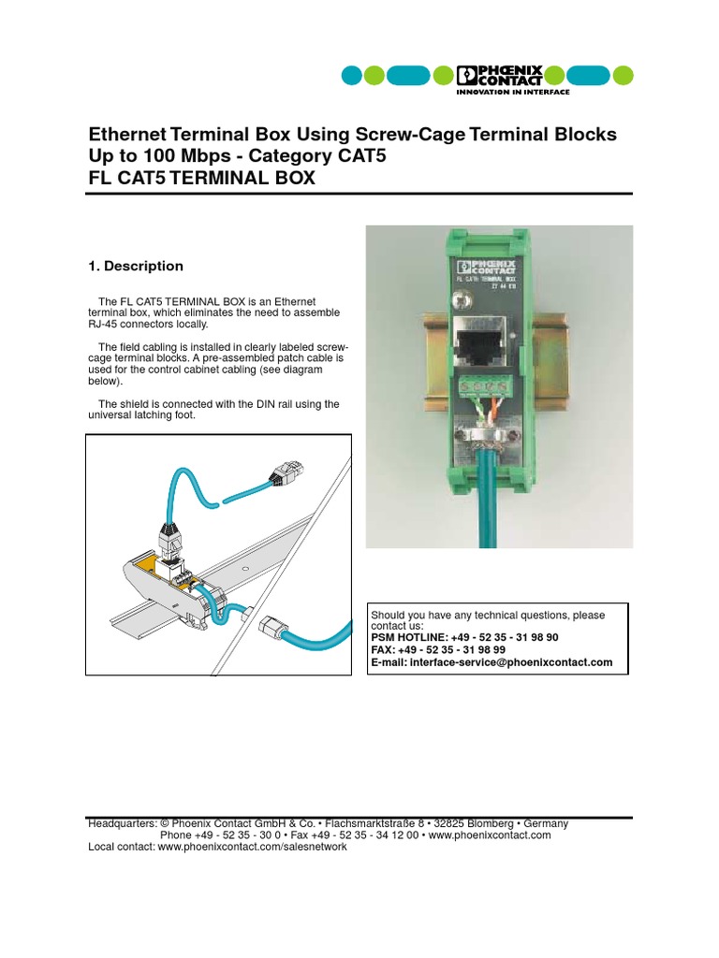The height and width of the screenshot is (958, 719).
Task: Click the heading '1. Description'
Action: click(x=135, y=267)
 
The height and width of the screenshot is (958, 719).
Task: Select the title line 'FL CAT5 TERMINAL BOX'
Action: click(x=201, y=179)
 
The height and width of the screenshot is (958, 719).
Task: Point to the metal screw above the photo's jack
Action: click(x=460, y=301)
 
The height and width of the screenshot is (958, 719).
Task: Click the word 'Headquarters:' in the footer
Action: click(x=122, y=823)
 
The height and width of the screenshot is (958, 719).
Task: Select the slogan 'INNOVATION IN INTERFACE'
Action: click(x=512, y=92)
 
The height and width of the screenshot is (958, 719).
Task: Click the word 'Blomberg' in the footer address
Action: click(x=479, y=823)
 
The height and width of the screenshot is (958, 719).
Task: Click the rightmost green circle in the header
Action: click(x=623, y=76)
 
